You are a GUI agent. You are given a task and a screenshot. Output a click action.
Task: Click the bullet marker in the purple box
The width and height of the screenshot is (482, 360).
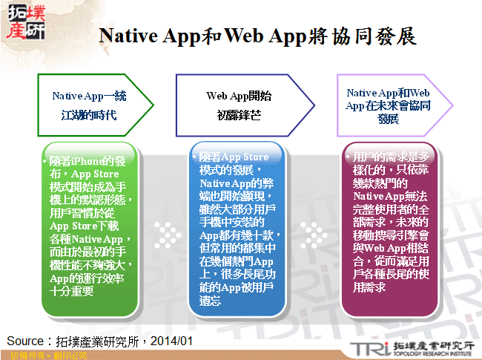tap(347, 157)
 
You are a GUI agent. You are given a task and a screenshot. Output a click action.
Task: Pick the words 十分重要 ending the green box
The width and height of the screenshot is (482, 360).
tap(73, 292)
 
